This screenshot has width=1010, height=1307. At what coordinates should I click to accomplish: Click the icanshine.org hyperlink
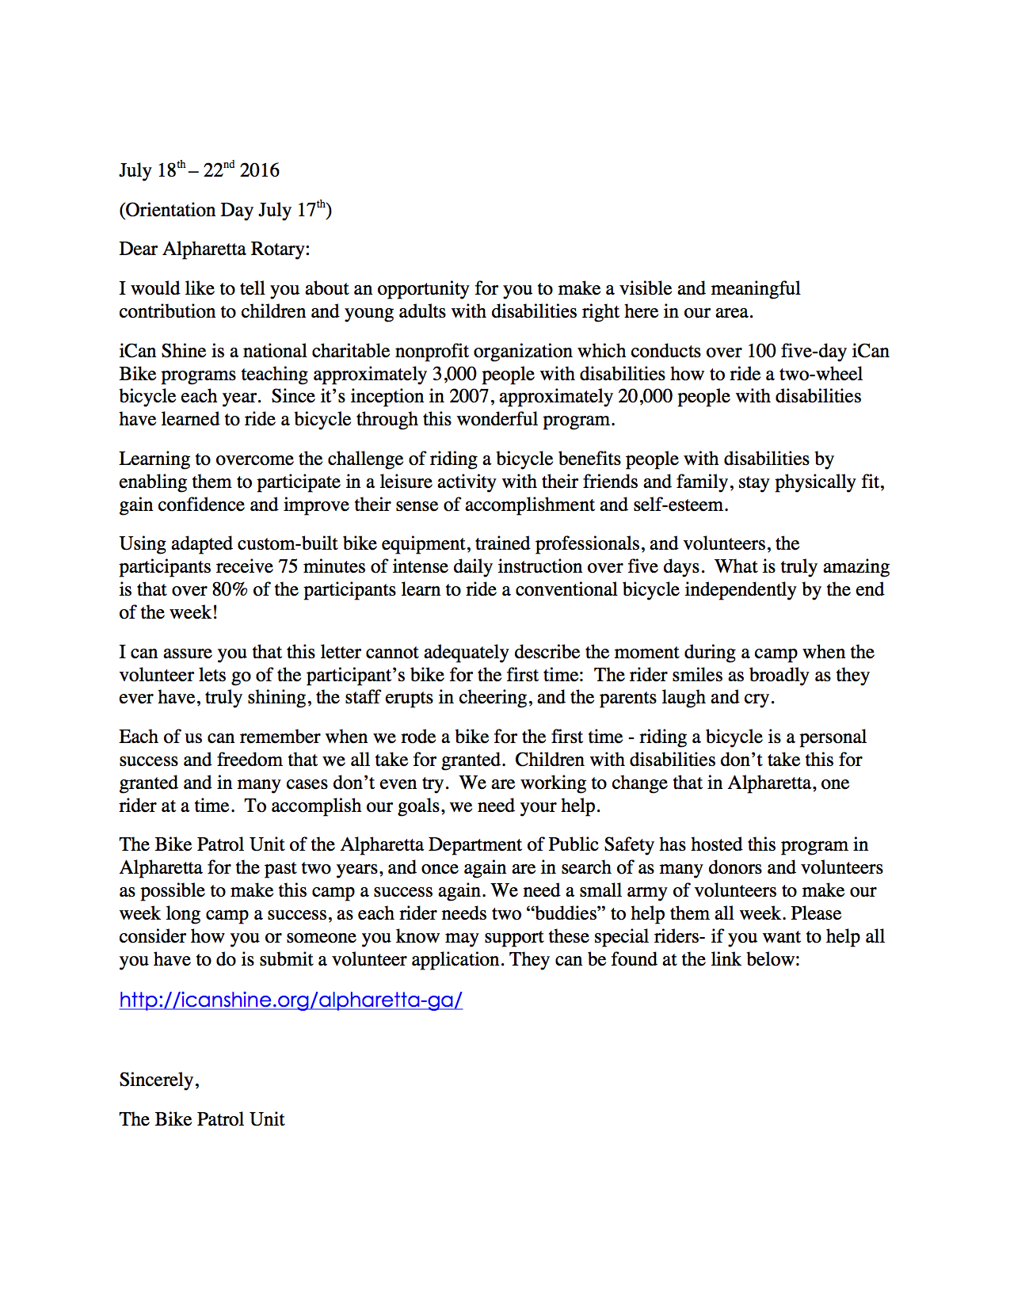point(291,1000)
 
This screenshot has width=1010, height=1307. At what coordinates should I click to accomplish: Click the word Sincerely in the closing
point(158,1080)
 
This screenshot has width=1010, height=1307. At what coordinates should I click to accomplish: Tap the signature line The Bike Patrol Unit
point(202,1119)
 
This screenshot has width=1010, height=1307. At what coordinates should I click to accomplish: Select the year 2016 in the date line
point(260,170)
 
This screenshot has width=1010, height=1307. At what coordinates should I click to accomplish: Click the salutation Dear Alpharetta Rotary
point(215,249)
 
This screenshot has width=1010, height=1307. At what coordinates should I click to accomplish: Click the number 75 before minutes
point(288,566)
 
